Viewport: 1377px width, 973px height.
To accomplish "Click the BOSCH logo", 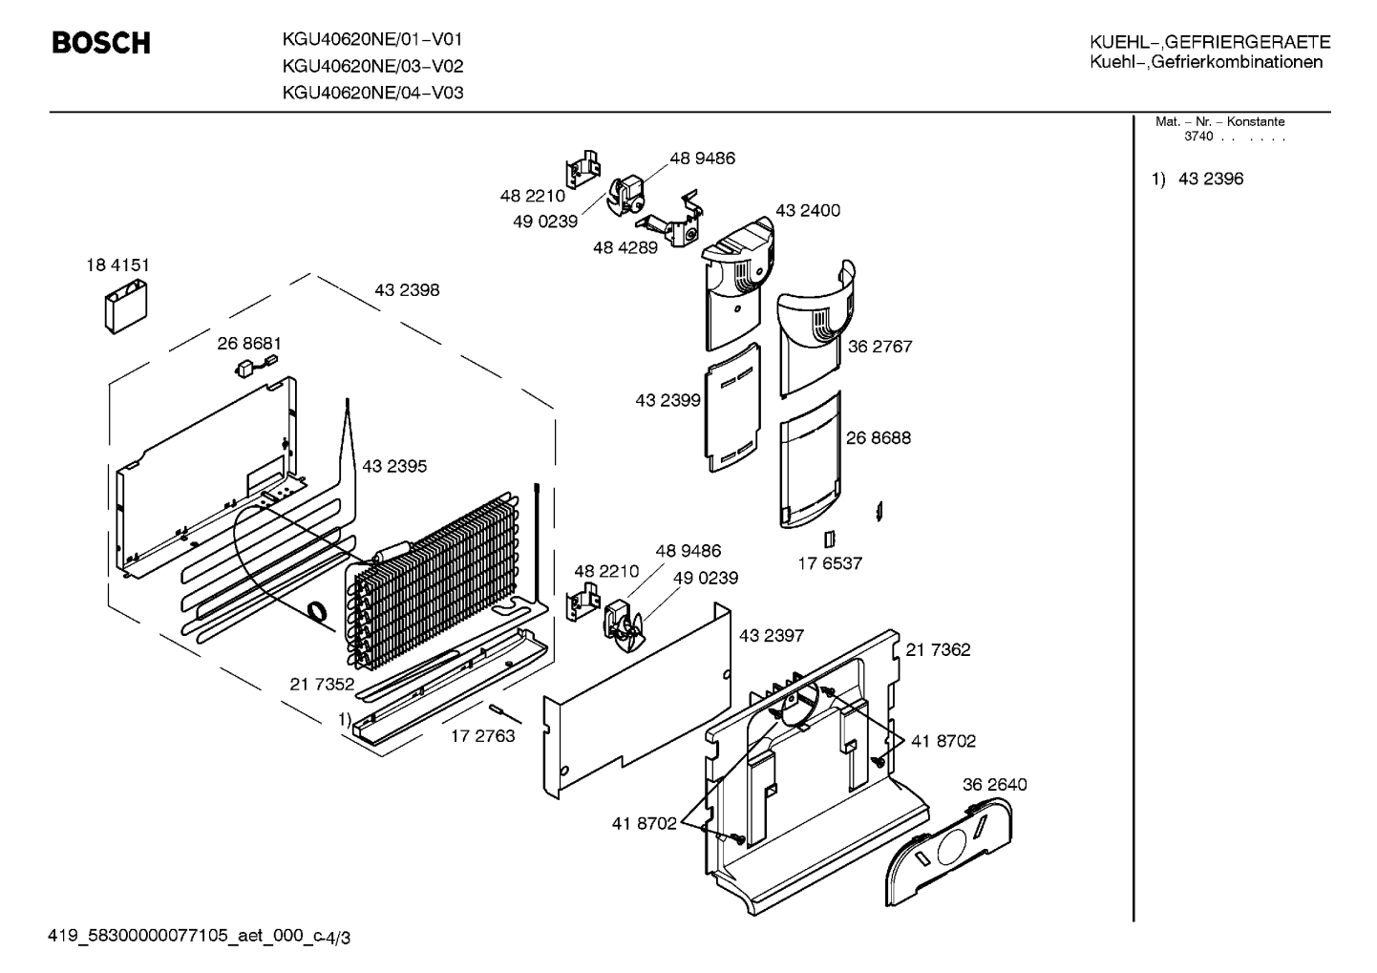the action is coord(101,43).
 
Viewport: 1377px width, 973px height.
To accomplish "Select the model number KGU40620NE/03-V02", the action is coord(372,66).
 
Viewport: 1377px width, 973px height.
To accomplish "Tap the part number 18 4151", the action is coord(117,264).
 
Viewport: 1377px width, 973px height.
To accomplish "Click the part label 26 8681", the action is coord(249,343).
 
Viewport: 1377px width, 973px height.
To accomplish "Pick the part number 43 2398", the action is coord(407,289).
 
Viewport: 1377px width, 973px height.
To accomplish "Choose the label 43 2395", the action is coord(394,466).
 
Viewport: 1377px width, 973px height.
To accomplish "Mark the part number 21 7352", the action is coord(322,684).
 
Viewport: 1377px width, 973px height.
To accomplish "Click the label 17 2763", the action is coord(482,736).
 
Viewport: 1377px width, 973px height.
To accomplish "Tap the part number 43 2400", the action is coord(808,210).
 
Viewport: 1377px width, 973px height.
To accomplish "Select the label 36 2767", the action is coord(879,346).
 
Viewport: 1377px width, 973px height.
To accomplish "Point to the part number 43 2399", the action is coord(667,400).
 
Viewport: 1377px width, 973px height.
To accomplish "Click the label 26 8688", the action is coord(879,437).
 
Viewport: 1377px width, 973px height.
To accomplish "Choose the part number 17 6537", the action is coord(830,563).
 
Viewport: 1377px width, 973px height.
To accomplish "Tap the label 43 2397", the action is coord(771,635).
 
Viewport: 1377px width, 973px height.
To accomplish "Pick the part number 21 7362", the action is coord(938,649).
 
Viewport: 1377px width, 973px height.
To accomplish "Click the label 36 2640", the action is coord(995,784).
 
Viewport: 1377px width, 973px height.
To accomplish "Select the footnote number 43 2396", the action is coord(1211,179).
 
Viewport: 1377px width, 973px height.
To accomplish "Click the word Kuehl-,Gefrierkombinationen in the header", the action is coord(1206,62).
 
